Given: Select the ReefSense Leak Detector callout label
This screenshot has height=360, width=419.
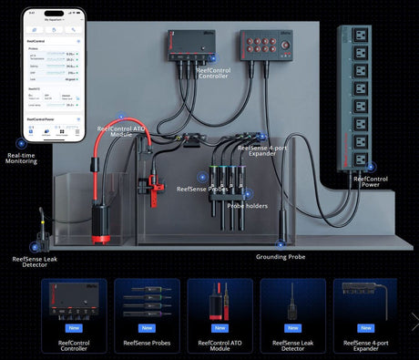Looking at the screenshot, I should pos(38,263).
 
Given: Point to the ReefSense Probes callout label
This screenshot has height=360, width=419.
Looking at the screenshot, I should pos(204,188).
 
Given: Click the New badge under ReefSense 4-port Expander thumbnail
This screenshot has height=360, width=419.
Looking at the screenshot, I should pos(365,328).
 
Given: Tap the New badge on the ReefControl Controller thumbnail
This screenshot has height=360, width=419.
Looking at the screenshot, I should pos(73,328).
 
